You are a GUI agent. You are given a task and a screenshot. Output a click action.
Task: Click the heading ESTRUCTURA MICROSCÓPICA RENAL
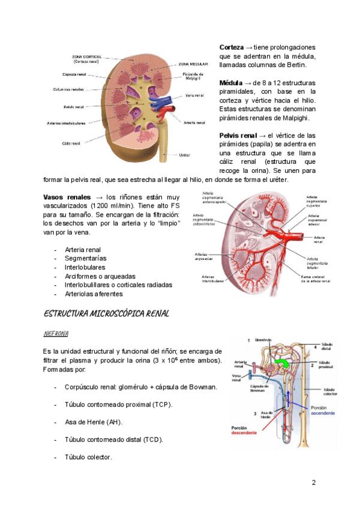pos(107,313)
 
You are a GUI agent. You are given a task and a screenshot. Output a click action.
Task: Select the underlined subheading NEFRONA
pos(56,333)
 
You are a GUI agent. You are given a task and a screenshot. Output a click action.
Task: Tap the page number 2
pos(314,483)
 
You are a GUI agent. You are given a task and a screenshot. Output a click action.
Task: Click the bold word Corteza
pos(231,47)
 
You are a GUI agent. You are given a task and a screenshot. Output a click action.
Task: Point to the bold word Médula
pos(231,82)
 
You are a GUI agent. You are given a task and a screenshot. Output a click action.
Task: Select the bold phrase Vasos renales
pos(67,197)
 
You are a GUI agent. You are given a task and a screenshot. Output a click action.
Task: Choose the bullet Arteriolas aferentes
pos(94,294)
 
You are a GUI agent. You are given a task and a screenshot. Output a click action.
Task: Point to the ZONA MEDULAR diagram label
pos(193,63)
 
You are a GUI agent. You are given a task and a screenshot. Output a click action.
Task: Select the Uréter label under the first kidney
pos(185,155)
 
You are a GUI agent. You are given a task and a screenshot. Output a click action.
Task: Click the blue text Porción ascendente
pos(323,410)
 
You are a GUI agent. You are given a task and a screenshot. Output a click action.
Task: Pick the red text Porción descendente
pos(244,430)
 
